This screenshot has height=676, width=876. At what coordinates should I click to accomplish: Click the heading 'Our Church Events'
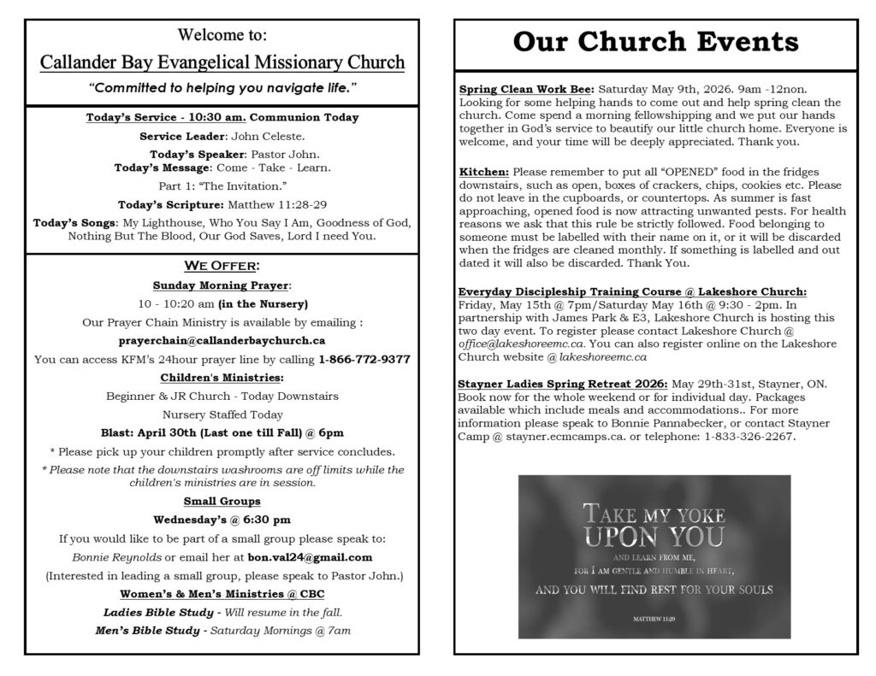[656, 43]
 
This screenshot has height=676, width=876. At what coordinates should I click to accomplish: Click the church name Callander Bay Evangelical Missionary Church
[222, 62]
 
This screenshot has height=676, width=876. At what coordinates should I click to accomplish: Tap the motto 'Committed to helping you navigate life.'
[222, 88]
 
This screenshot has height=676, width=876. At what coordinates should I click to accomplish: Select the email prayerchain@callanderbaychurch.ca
[222, 340]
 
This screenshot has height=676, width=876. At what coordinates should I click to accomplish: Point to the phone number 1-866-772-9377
[364, 360]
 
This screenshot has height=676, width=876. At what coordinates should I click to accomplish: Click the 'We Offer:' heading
[222, 265]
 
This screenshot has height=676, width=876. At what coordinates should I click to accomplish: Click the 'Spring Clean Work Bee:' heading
[526, 89]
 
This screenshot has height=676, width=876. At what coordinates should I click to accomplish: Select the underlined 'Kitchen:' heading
[483, 172]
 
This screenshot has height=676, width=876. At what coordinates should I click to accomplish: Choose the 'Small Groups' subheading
[222, 501]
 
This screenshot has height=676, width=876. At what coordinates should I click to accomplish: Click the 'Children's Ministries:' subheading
[222, 378]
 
